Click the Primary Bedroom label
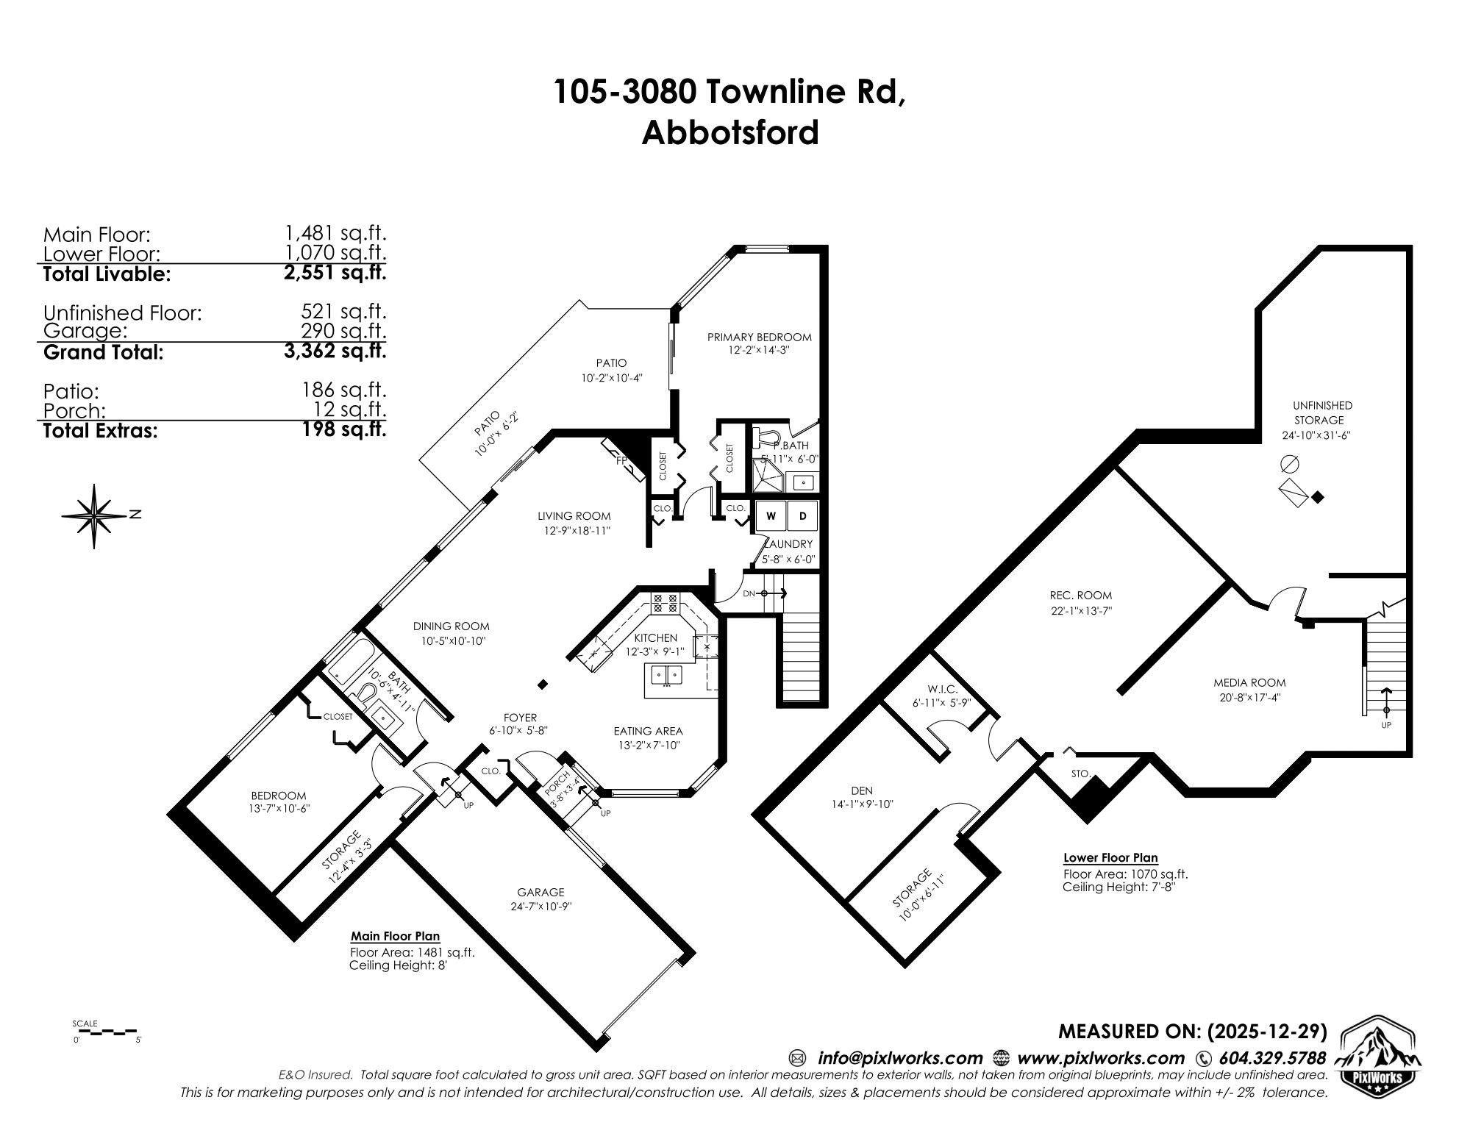pos(759,337)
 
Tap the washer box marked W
pos(771,516)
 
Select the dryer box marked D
pos(803,516)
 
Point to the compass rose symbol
pos(95,515)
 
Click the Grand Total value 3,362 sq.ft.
pos(335,351)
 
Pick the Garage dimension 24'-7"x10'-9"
pos(541,906)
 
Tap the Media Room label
pos(1249,682)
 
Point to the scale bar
pos(107,1032)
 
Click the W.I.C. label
pos(942,689)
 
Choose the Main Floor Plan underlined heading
pos(395,936)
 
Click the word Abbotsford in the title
pos(729,133)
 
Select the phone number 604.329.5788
pos(1272,1058)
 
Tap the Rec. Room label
pos(1080,595)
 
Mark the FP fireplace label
pos(621,461)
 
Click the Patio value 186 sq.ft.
pos(344,390)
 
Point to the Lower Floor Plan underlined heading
pos(1110,857)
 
